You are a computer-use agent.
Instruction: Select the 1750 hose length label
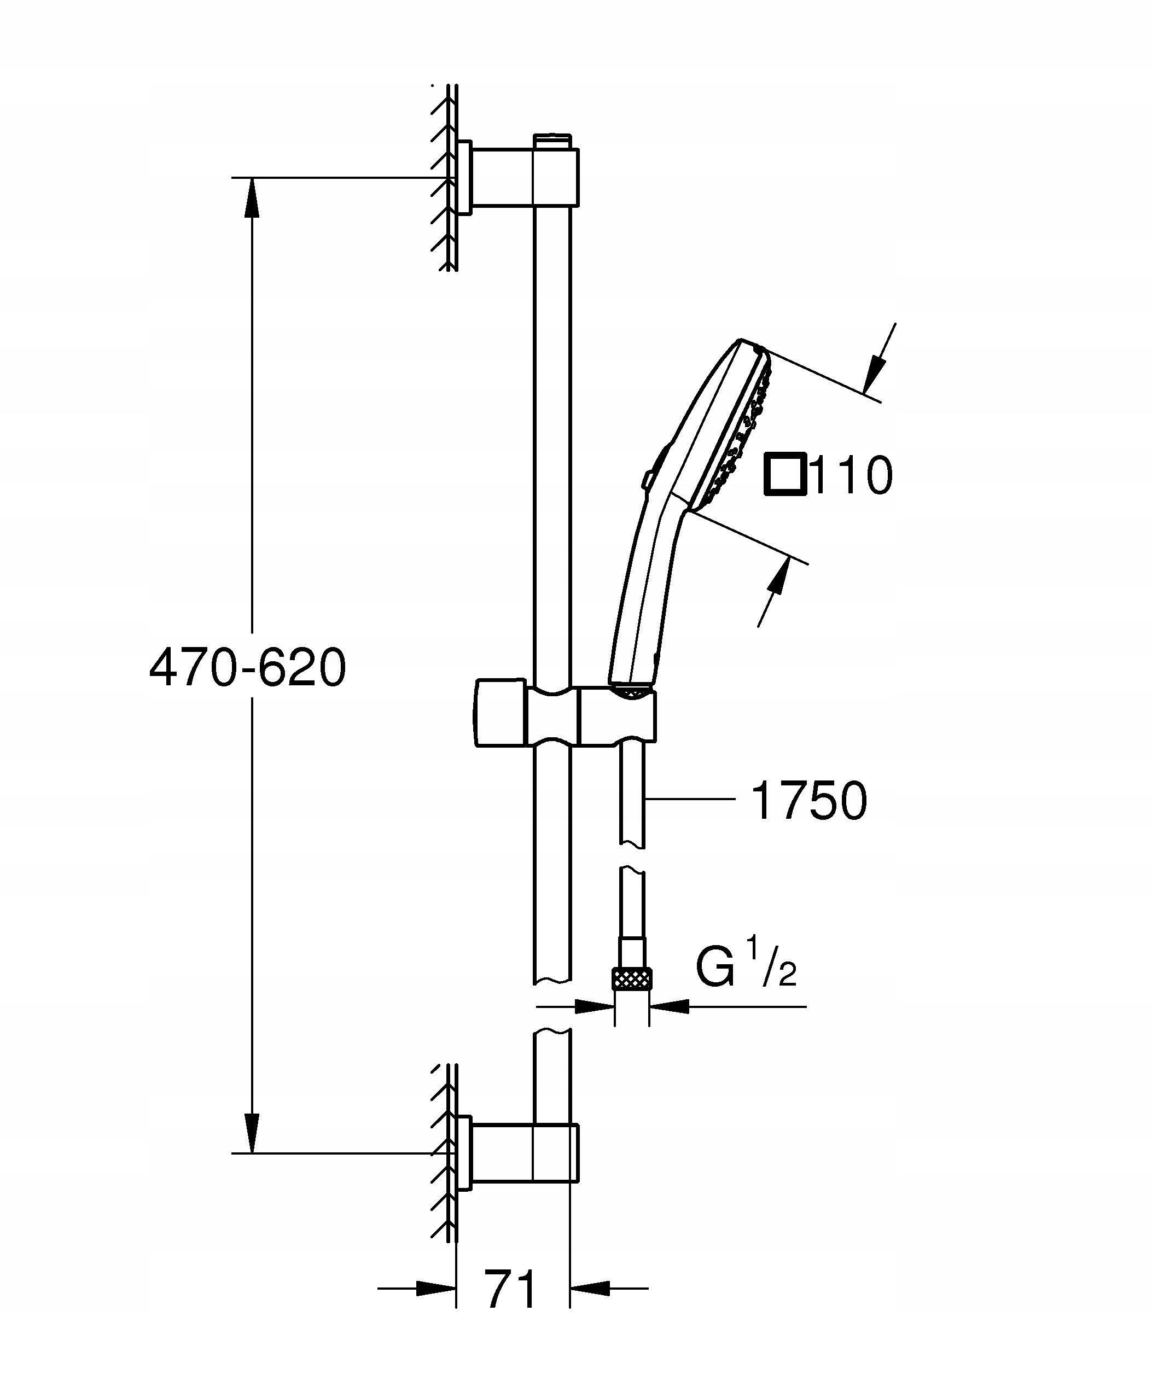click(x=809, y=801)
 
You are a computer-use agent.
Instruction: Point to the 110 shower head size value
click(x=852, y=475)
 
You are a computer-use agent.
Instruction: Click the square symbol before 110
click(x=785, y=473)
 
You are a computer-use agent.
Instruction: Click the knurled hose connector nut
click(x=632, y=978)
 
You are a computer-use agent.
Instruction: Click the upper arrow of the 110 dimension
click(x=875, y=371)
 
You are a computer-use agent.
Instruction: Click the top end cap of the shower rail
click(x=552, y=140)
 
